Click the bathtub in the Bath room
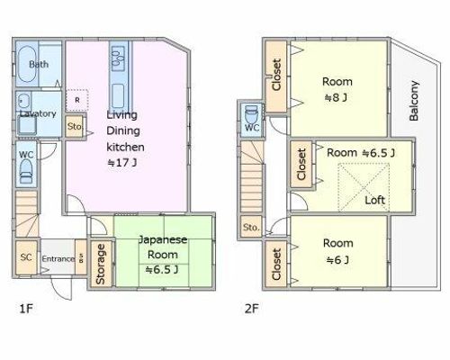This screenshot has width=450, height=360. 27,65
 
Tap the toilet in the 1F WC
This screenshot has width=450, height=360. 26,171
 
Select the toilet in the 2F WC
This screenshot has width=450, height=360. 251,114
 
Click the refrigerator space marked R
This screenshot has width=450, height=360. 77,100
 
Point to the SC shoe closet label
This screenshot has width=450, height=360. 26,257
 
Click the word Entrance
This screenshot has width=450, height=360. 58,258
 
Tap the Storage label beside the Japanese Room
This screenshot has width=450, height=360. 101,264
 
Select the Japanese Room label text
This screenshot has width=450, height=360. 163,247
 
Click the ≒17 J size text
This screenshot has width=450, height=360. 122,163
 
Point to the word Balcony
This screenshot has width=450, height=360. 414,101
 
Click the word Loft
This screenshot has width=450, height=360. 375,200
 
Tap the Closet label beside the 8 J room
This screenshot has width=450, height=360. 276,75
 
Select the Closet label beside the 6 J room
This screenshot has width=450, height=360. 276,264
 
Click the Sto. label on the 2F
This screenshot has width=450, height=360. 251,228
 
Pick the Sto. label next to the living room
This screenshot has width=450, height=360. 75,127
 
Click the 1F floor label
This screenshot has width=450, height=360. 26,309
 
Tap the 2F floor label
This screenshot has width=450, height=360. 251,309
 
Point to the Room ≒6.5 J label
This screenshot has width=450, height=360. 361,153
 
